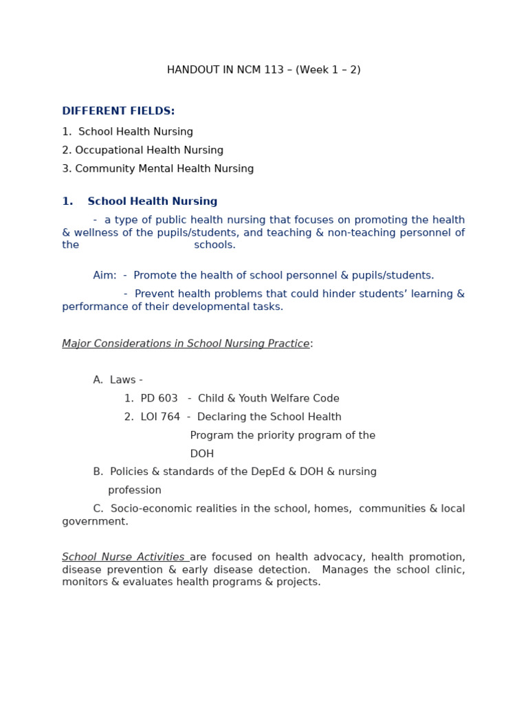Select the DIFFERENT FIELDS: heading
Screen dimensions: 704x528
coord(118,111)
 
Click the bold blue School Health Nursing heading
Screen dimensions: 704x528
coord(152,202)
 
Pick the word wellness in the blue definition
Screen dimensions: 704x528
coord(96,233)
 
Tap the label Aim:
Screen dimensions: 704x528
coord(104,276)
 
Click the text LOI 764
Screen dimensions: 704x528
coord(160,417)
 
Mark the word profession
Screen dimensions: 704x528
coord(135,491)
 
